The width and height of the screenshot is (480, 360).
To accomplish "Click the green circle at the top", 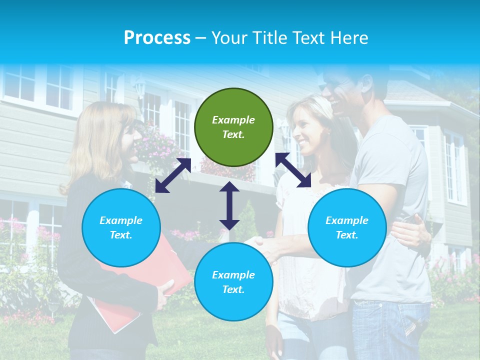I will tap(233, 127).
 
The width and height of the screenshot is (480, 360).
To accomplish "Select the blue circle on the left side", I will tap(121, 227).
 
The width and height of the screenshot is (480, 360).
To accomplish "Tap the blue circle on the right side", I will tap(347, 227).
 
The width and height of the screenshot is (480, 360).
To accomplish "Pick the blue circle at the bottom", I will tap(233, 282).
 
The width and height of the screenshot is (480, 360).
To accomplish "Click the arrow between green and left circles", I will tap(173, 175).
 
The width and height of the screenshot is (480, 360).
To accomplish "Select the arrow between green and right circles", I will tap(293, 170).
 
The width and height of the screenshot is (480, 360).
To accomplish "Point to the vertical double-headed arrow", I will tap(229, 205).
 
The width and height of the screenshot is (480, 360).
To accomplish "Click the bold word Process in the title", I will tap(157, 38).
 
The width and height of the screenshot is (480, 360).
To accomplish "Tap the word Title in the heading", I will tap(270, 38).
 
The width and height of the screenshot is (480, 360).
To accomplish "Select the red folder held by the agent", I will tap(150, 280).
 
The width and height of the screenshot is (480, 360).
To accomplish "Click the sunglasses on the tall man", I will tap(330, 86).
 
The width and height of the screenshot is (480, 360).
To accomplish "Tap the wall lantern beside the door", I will tap(140, 90).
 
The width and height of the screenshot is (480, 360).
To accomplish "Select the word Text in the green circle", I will tap(233, 134).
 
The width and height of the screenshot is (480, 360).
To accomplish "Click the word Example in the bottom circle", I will tap(233, 275).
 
